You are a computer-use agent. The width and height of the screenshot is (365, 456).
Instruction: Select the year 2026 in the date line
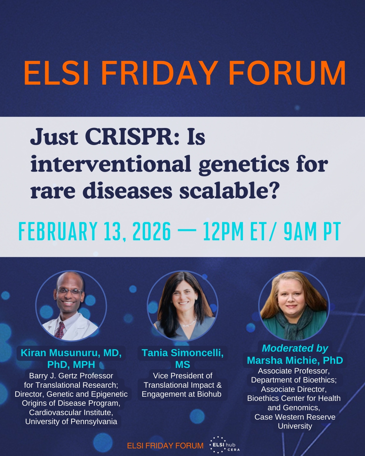click(x=152, y=231)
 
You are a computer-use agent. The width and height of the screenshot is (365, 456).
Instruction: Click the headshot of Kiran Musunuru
click(x=71, y=306)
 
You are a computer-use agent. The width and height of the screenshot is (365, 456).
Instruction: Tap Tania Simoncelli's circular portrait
click(x=182, y=306)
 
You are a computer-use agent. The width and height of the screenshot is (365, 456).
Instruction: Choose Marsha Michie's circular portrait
click(x=294, y=306)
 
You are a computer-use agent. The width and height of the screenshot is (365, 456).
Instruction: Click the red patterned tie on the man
click(x=60, y=330)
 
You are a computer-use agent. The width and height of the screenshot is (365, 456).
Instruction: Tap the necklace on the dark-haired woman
click(x=189, y=322)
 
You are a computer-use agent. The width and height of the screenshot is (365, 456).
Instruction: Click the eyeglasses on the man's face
click(x=69, y=291)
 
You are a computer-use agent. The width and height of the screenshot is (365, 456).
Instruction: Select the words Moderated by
click(x=295, y=348)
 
